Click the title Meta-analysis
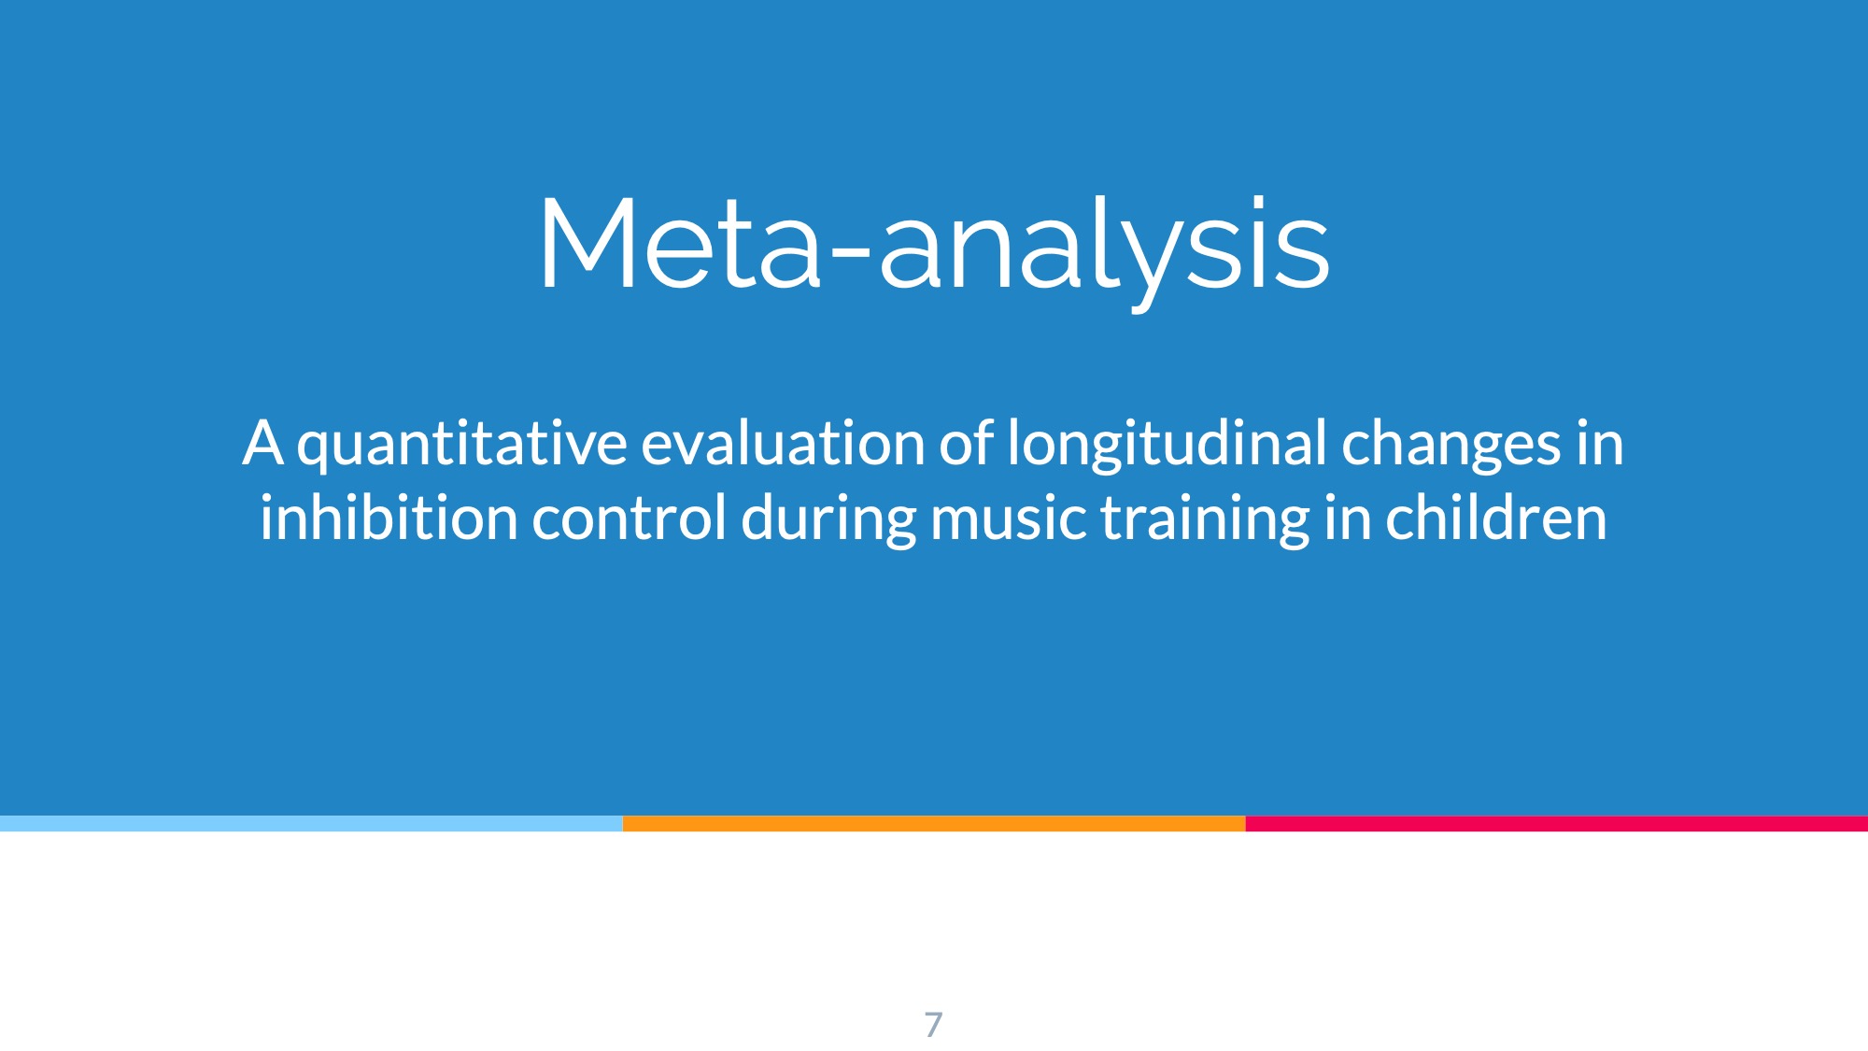(x=934, y=248)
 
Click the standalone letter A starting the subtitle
(x=262, y=443)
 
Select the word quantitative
(x=462, y=446)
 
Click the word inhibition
(x=389, y=518)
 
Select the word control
(x=629, y=518)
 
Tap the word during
(x=828, y=521)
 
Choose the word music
(x=1009, y=519)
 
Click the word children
(x=1496, y=518)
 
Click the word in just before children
(x=1348, y=519)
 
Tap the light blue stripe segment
(x=311, y=823)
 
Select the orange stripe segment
(x=934, y=823)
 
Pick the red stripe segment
(x=1557, y=823)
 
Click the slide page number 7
(x=933, y=1025)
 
